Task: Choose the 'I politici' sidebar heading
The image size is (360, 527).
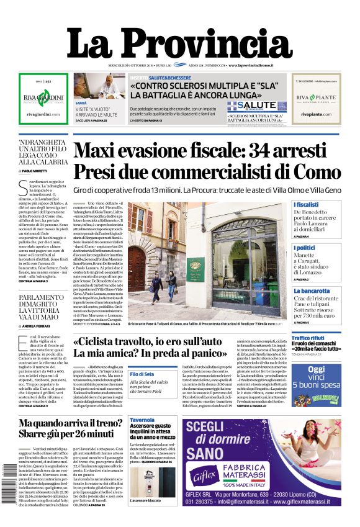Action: click(305, 248)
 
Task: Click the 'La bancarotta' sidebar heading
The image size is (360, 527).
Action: click(312, 291)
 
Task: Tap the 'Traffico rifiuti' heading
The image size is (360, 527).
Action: click(312, 338)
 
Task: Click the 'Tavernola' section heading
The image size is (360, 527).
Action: click(143, 420)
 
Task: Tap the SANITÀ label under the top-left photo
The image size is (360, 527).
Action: click(81, 102)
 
